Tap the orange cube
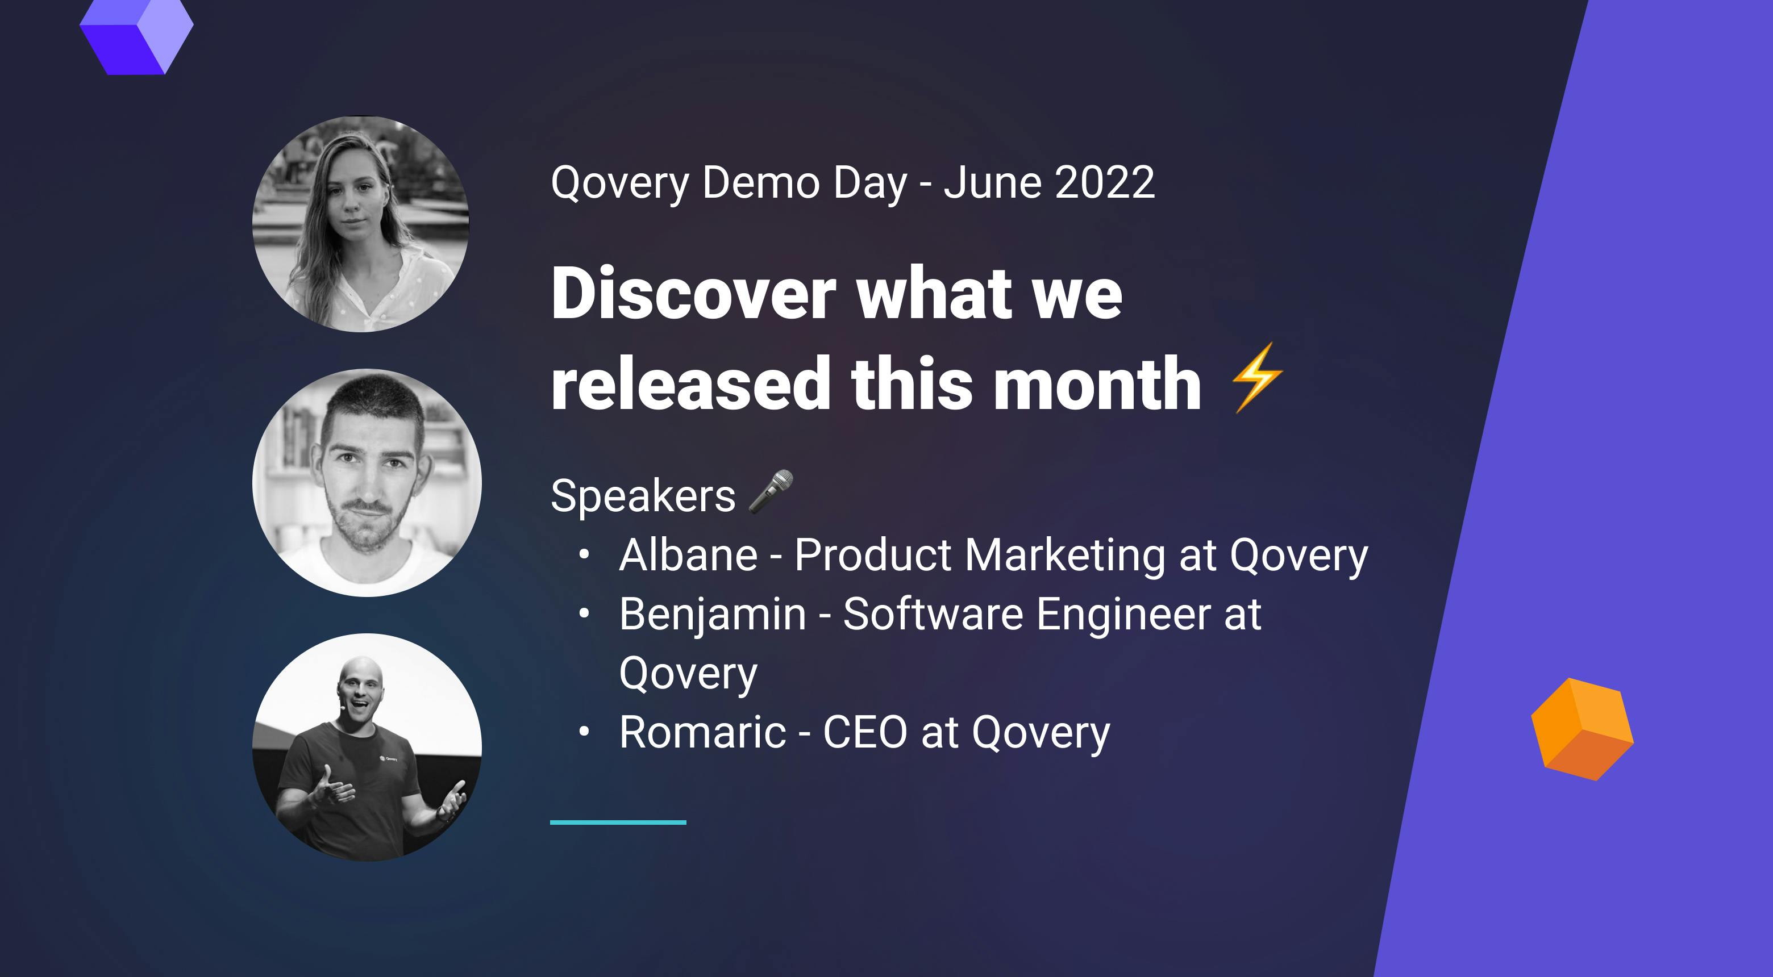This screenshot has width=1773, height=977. coord(1581,729)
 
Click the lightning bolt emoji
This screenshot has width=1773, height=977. coord(1257,378)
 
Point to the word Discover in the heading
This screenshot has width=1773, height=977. coord(693,294)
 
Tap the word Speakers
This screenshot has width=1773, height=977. coord(643,496)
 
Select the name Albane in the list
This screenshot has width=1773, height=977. coord(688,555)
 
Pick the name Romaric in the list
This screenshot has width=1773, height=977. coord(702,732)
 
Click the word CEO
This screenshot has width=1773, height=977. coord(865,732)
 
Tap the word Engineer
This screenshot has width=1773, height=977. coord(1123,615)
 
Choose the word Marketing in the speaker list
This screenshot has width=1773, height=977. coord(1066,555)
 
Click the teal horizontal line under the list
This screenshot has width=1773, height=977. coord(618,822)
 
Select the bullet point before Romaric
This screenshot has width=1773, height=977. coord(584,732)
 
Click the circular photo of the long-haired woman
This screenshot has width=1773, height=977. coord(361,224)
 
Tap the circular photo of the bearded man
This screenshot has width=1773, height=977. coord(367,482)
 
